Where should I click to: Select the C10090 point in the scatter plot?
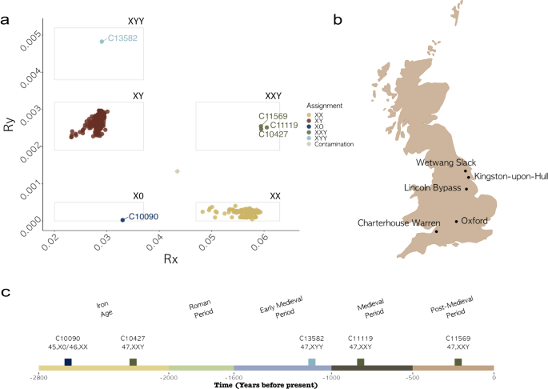coord(122,219)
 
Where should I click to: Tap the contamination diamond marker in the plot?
coord(177,171)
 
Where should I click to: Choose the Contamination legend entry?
coord(334,144)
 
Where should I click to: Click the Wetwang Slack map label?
coord(439,162)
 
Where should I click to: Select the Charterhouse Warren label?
coord(395,223)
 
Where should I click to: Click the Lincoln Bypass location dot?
coord(466,190)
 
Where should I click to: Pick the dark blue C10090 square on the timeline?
coord(68,363)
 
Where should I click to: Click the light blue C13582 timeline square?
coord(312,363)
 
